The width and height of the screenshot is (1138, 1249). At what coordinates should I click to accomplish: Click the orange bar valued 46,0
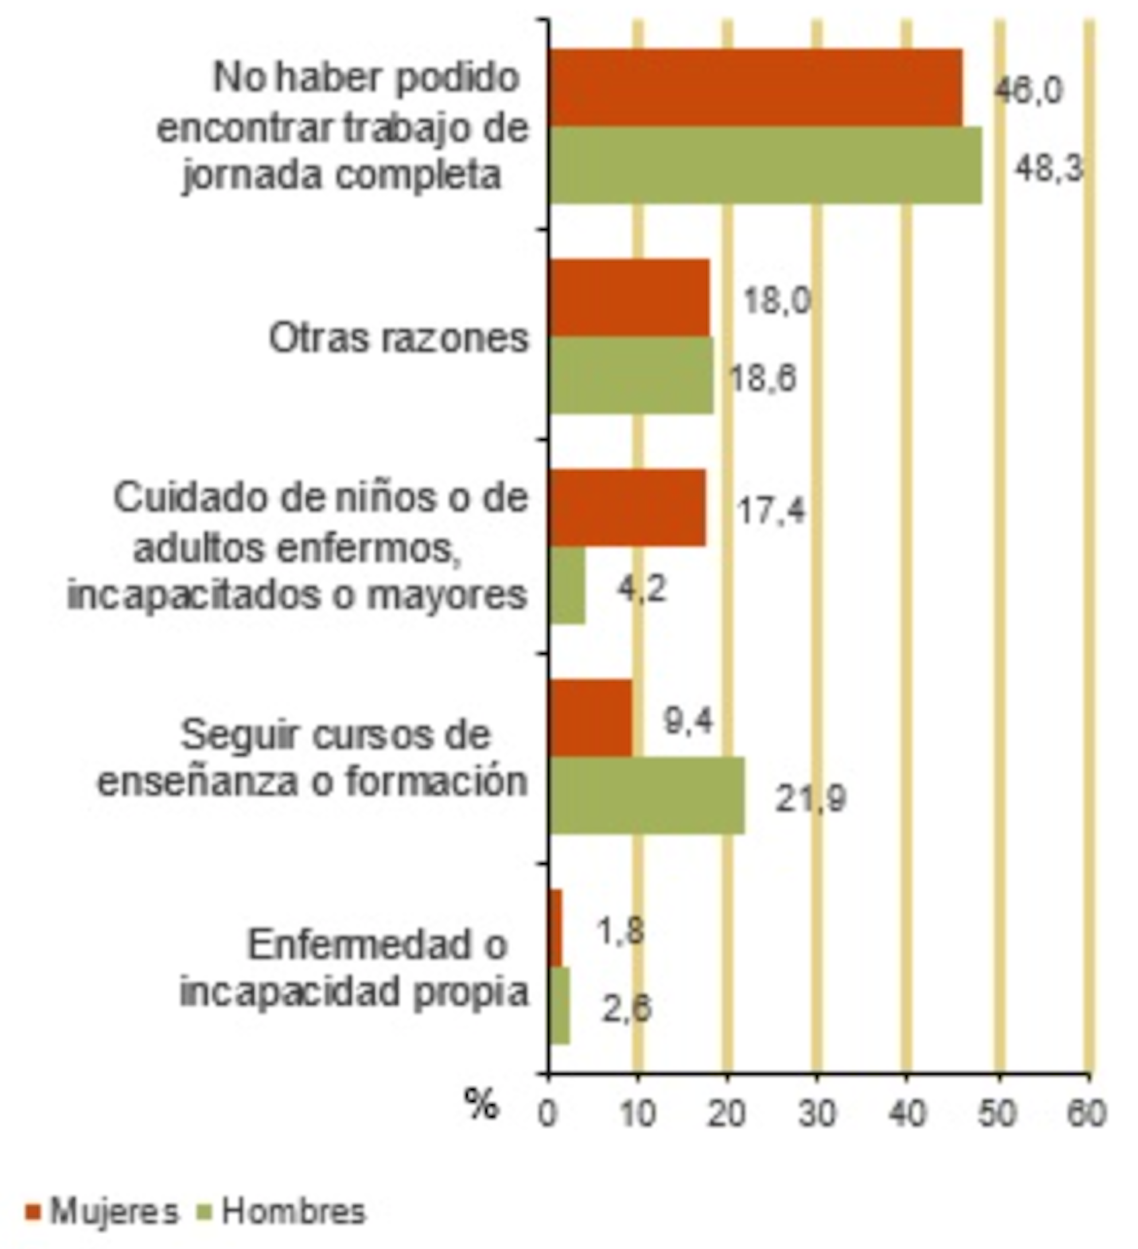coord(756,88)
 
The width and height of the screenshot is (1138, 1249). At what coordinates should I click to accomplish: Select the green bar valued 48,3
coord(765,165)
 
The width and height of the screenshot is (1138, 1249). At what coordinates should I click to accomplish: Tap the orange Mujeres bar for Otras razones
coord(629,298)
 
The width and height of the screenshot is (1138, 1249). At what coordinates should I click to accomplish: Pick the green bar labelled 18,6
coord(631,375)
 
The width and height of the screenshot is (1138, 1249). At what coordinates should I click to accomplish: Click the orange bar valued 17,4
coord(627,508)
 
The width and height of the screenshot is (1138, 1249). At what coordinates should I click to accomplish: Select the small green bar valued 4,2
coord(567,586)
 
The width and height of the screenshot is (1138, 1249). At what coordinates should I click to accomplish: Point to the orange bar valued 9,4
coord(590,718)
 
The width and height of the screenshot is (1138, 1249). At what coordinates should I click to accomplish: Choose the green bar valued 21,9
coord(647,796)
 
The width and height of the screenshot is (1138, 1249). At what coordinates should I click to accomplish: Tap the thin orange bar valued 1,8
coord(555,928)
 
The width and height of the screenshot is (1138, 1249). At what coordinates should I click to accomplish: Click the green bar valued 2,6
coord(559,1005)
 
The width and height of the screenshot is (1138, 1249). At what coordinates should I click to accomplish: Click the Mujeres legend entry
coord(102,1211)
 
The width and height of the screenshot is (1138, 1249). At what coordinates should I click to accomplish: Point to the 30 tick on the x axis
coord(817,1113)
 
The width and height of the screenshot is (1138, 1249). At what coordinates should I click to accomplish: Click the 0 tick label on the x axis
coord(546,1113)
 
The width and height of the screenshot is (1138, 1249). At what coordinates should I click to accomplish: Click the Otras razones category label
coord(398,338)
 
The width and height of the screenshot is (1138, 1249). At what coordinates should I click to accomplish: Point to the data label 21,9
coord(810,798)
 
